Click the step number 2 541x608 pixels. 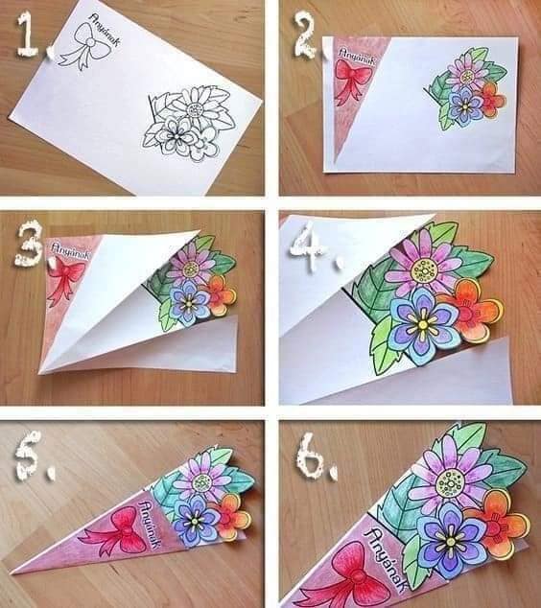pos(305,37)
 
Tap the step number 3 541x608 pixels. pos(29,245)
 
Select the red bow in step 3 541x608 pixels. pos(65,279)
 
